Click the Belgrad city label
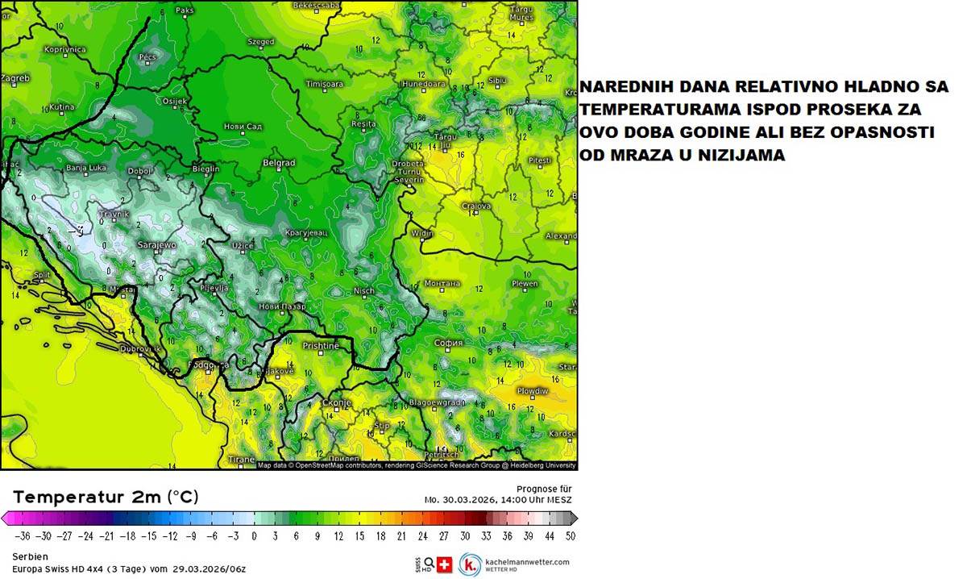tap(279, 163)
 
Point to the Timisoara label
tap(325, 84)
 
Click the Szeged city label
tap(260, 42)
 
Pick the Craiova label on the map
tap(475, 206)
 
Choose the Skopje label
tap(337, 402)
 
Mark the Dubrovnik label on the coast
tap(134, 349)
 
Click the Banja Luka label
tap(86, 168)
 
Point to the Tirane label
tap(242, 460)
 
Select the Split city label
tap(42, 275)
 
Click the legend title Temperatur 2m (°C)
tap(106, 497)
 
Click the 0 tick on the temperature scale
tap(254, 535)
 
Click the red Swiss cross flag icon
tap(444, 564)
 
